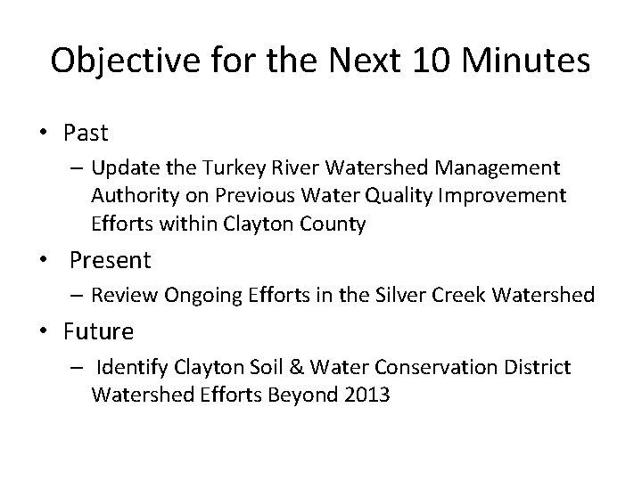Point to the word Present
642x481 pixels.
(x=110, y=260)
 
